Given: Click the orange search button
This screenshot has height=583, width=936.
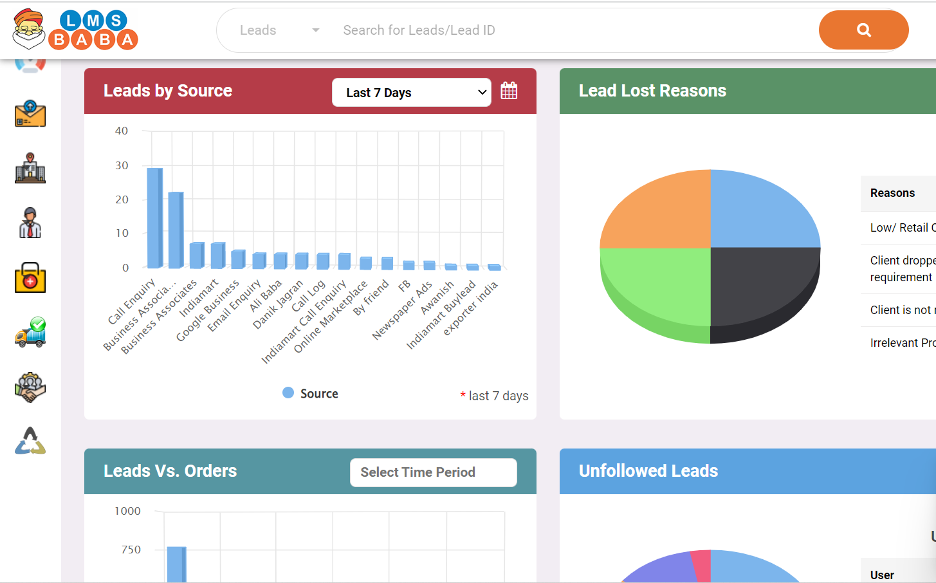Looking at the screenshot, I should click(x=863, y=30).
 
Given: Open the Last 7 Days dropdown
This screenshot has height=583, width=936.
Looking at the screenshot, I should click(x=412, y=93).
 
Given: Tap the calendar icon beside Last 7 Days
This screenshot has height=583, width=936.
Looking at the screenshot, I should click(x=509, y=91).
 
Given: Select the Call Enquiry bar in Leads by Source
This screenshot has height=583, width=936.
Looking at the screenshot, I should click(x=154, y=217).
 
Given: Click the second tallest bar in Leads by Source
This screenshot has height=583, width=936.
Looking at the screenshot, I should click(x=176, y=229).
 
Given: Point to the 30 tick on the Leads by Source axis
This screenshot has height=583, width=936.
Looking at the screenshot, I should click(x=122, y=166).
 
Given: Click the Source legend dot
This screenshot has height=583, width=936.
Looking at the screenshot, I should click(x=288, y=393).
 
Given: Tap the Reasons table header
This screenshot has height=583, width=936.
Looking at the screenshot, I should click(x=892, y=193).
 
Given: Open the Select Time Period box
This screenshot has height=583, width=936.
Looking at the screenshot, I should click(x=433, y=472).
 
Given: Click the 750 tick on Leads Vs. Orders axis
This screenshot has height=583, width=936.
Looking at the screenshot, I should click(x=131, y=550).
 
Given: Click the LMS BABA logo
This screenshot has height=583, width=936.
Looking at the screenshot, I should click(x=76, y=30).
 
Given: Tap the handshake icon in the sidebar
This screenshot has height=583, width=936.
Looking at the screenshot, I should click(x=30, y=387).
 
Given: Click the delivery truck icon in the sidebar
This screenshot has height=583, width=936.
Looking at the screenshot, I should click(x=30, y=333).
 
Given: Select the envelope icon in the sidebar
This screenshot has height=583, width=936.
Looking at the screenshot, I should click(x=30, y=114).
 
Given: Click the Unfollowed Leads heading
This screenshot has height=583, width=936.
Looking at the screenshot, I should click(x=648, y=471).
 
